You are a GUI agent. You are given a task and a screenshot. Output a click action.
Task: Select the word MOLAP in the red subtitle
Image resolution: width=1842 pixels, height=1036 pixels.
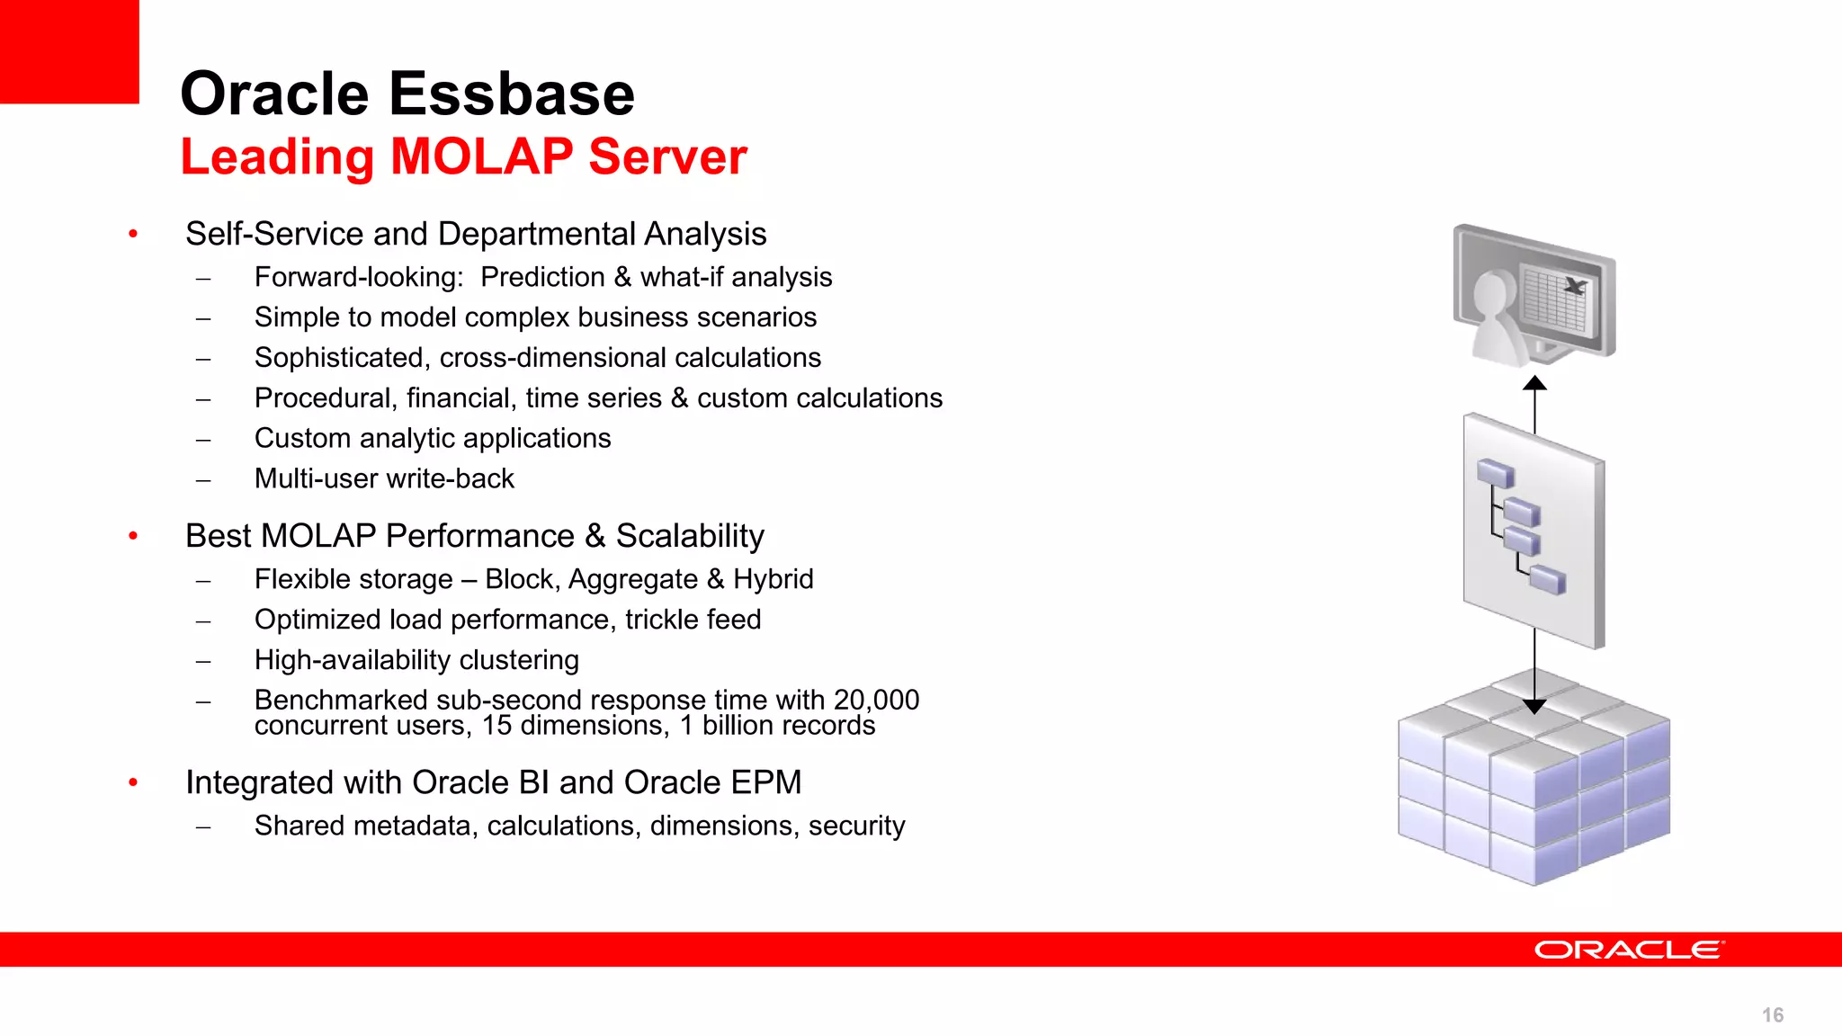481,156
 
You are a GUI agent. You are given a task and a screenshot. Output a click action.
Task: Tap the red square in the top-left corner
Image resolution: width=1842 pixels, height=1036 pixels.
68,50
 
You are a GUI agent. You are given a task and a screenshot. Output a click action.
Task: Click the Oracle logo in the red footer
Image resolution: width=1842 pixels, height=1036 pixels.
1628,950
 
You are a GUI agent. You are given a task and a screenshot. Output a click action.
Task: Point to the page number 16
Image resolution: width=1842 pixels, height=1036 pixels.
1772,1015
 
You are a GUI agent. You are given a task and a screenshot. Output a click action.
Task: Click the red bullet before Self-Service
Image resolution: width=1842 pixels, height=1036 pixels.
133,235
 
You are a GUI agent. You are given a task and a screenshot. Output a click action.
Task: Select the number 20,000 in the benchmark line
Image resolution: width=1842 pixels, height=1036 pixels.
875,700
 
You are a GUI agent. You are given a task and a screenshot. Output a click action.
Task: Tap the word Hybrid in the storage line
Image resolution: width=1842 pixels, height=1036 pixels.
773,579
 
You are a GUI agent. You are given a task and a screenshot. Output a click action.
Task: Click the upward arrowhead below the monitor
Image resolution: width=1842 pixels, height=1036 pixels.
1534,384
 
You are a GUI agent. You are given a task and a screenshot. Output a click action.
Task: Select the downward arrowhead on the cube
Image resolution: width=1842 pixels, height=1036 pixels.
1534,706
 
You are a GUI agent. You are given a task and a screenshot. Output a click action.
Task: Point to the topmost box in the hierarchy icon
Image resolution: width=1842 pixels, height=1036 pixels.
1495,473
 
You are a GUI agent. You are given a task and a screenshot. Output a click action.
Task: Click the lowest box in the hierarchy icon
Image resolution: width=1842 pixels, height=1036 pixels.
1547,579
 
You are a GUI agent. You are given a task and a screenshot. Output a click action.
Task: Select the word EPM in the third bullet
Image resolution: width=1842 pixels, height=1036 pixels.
765,782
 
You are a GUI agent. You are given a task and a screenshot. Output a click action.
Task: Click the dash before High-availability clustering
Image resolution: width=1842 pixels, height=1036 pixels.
204,661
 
